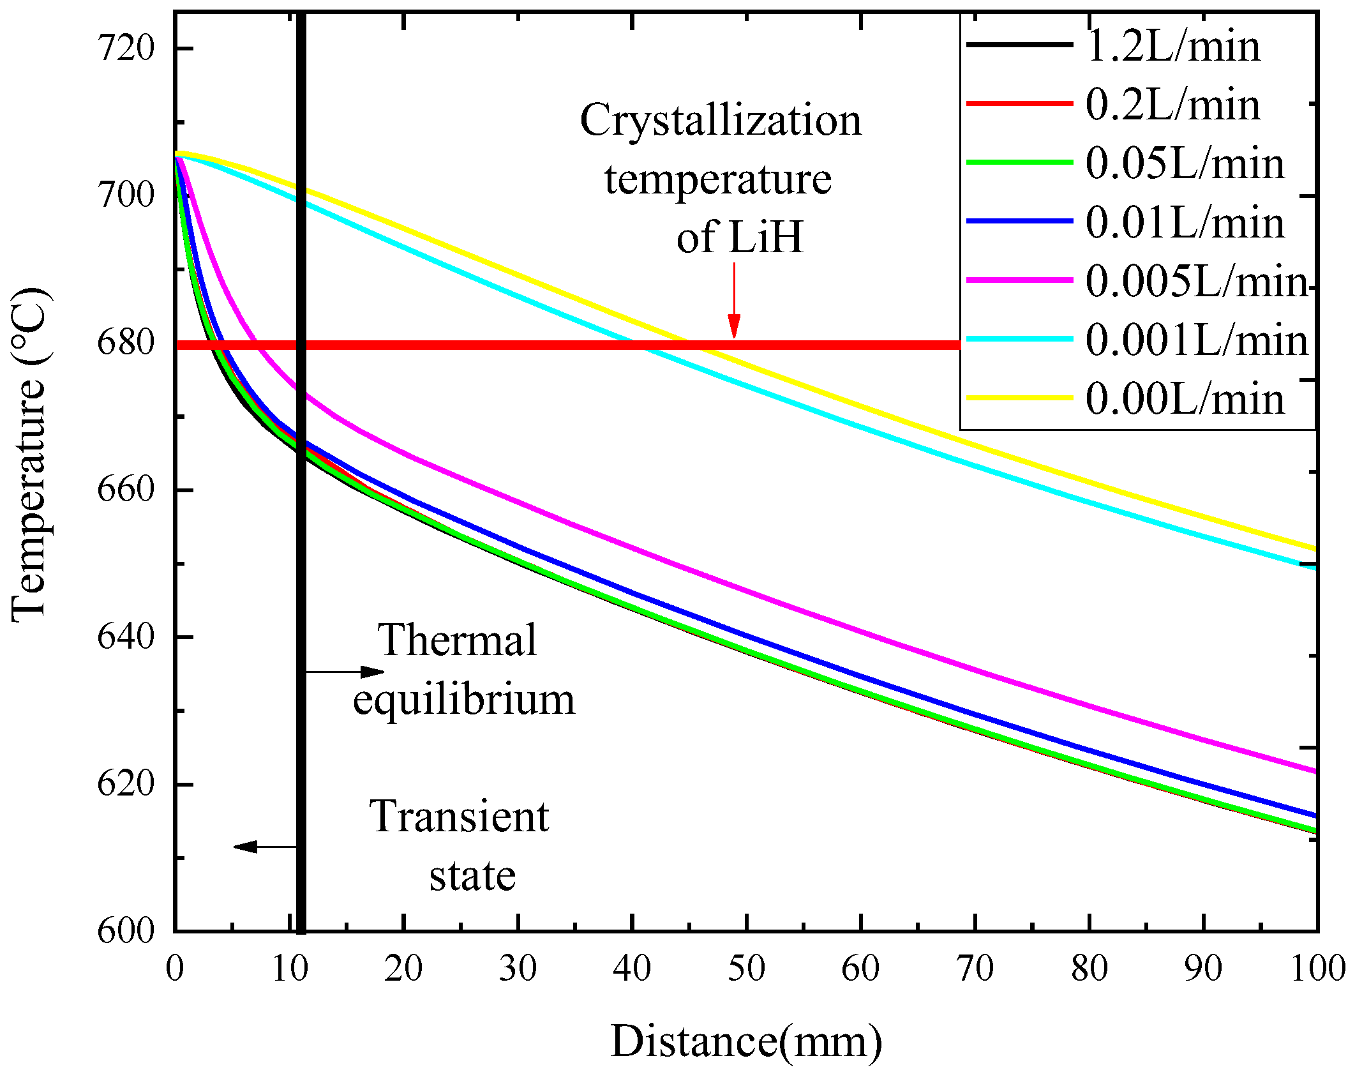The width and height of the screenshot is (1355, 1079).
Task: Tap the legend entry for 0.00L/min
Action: (x=1185, y=399)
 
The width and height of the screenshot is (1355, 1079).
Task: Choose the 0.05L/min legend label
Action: (x=1185, y=163)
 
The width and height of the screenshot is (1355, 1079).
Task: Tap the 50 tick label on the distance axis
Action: (x=746, y=969)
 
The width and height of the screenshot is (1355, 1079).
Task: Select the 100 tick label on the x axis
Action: (x=1317, y=969)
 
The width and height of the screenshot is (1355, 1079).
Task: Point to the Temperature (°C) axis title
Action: (x=29, y=455)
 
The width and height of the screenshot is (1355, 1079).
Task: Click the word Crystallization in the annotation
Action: (x=721, y=120)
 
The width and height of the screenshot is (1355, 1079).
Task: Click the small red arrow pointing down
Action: (x=734, y=300)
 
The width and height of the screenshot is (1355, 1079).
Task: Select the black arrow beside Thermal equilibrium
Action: (x=345, y=672)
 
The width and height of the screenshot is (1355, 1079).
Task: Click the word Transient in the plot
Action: (x=459, y=817)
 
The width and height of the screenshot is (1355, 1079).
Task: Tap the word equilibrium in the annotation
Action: (x=464, y=700)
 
